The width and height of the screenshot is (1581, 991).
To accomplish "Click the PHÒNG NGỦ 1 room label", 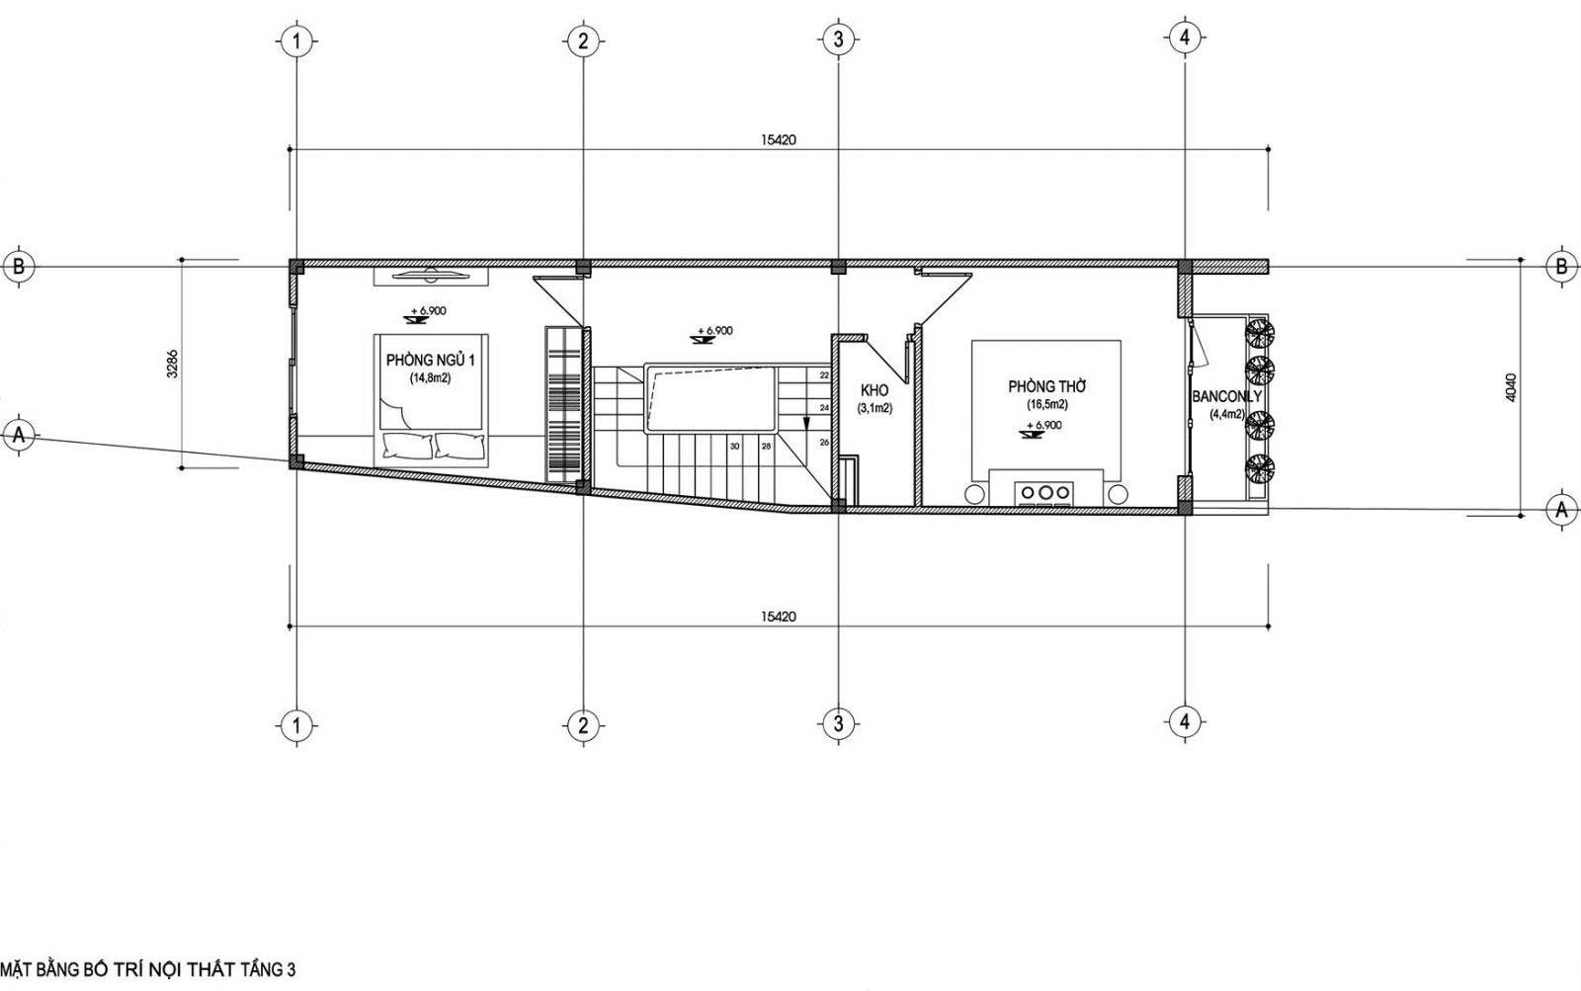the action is (431, 360).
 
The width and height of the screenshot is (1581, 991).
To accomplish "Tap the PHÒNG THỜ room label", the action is (1046, 386).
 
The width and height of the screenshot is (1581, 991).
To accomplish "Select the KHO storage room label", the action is (874, 390).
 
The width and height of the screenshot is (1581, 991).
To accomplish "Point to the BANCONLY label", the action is (1226, 396).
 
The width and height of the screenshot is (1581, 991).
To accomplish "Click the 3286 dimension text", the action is (173, 365).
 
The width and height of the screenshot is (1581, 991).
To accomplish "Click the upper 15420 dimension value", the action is (778, 139).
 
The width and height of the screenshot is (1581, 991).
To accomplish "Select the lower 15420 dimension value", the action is (778, 617).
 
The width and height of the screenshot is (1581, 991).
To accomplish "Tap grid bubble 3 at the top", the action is (838, 40).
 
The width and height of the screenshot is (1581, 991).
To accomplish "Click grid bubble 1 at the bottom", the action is (296, 725).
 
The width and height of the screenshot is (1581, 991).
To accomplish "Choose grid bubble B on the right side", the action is (1561, 266).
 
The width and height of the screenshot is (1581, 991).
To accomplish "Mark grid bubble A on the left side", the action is (19, 435).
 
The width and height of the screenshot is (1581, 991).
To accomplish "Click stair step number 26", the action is (824, 442).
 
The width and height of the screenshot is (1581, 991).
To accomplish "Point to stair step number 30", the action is (735, 446).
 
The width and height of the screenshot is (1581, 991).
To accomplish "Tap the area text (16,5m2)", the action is (1046, 405).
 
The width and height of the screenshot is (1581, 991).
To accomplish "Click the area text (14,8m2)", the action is (431, 378).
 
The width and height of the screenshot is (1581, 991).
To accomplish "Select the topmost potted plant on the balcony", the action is (1259, 332).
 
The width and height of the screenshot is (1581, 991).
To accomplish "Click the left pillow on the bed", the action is (407, 446).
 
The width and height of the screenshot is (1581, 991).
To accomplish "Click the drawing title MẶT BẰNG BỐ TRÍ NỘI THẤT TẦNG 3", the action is (147, 968).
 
